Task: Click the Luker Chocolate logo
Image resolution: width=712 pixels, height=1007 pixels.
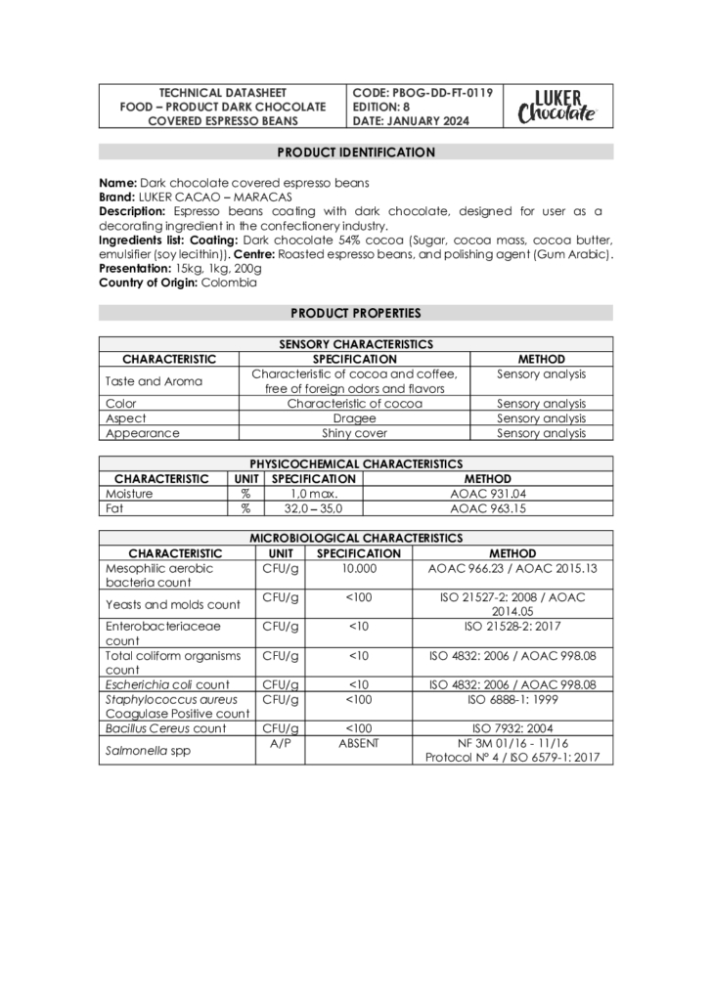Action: (557, 106)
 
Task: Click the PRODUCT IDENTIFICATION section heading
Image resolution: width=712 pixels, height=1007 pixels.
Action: (356, 153)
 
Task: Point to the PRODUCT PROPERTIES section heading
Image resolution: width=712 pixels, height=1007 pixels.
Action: (356, 313)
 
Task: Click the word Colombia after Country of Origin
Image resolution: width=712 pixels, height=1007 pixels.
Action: (229, 283)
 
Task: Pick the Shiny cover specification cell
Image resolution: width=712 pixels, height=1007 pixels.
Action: (354, 433)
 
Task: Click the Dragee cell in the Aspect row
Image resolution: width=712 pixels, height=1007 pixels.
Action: (354, 418)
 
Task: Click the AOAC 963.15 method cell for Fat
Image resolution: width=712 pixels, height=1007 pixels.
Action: (487, 508)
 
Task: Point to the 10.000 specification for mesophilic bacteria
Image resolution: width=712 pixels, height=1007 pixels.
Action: (359, 568)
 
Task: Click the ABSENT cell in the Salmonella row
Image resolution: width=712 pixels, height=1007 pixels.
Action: (359, 743)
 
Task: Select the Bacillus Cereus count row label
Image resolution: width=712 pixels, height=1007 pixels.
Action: (165, 728)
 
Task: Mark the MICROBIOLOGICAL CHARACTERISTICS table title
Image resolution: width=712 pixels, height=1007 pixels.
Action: (356, 538)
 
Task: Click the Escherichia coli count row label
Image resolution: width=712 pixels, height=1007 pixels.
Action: (167, 684)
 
